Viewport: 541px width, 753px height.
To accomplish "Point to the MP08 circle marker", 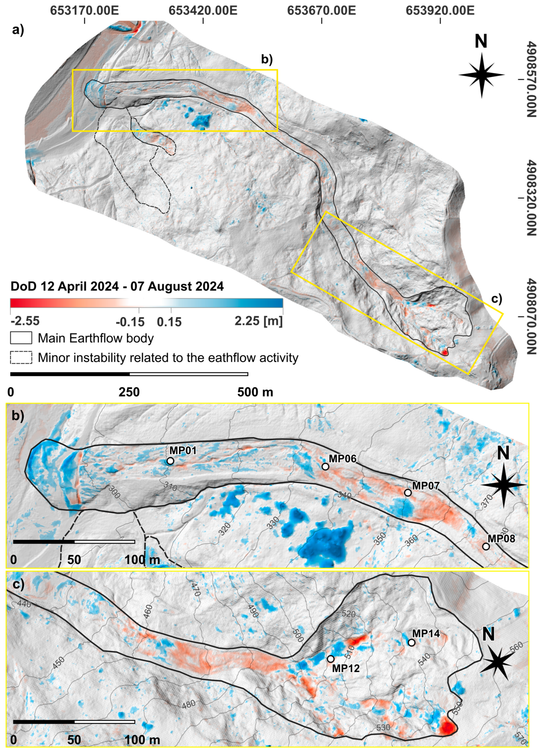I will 486,547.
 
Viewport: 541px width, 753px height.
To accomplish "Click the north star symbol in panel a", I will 482,75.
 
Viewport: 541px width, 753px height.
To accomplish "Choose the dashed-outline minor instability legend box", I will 21,358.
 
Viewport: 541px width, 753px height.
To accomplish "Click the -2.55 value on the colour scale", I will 25,321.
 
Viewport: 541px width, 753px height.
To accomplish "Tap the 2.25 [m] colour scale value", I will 259,321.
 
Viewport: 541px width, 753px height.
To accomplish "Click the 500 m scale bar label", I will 255,392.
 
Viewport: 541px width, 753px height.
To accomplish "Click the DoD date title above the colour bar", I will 117,286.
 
